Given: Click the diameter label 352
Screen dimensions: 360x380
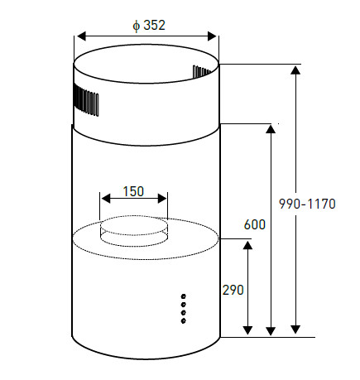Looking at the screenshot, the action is click(x=154, y=25).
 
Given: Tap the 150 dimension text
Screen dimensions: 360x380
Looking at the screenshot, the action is click(x=133, y=191).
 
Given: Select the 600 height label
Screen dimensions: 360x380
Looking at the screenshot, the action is click(x=255, y=224).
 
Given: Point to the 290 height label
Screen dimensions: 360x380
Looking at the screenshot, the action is click(x=233, y=290).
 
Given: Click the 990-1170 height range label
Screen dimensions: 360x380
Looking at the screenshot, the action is click(x=307, y=204).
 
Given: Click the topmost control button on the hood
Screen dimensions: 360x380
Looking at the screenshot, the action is click(x=184, y=296).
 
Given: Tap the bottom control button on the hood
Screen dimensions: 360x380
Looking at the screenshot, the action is click(x=183, y=320).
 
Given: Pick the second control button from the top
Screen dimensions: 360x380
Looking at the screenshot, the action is click(x=184, y=305).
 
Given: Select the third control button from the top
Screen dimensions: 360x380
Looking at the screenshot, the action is click(x=184, y=313).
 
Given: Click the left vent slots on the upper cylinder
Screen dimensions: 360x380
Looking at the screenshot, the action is click(x=86, y=99).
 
